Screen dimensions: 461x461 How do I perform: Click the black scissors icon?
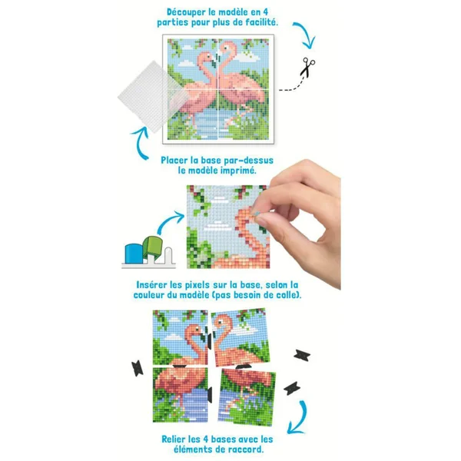pyautogui.click(x=307, y=67)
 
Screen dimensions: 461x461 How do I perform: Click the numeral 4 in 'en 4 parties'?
pyautogui.click(x=265, y=12)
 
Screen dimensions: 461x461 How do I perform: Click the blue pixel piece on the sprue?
pyautogui.click(x=134, y=254)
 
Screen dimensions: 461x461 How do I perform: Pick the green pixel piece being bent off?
pyautogui.click(x=153, y=247)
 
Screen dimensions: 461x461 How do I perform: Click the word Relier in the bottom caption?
pyautogui.click(x=174, y=439)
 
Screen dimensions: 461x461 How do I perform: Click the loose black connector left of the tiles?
pyautogui.click(x=138, y=368)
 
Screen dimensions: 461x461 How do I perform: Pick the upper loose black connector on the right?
pyautogui.click(x=302, y=356)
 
